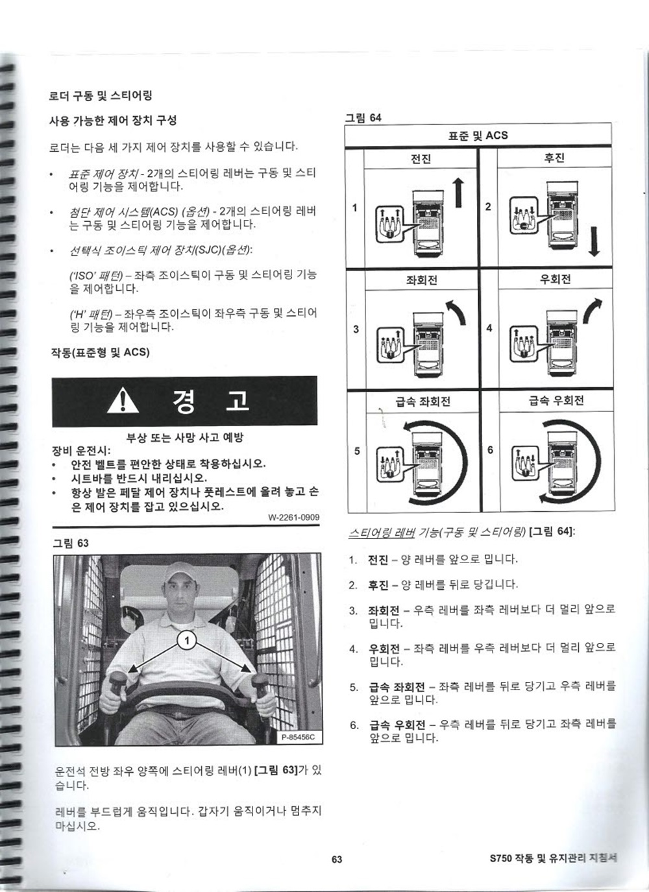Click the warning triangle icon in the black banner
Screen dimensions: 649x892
click(x=123, y=402)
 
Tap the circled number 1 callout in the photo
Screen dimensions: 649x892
click(x=186, y=640)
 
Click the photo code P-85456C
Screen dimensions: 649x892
click(x=298, y=737)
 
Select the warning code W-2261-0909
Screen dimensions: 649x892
click(x=294, y=517)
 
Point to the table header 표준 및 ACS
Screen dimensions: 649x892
click(x=478, y=136)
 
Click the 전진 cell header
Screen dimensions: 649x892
click(x=421, y=159)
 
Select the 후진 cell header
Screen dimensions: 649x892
click(x=554, y=158)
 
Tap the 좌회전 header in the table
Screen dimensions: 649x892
click(x=421, y=280)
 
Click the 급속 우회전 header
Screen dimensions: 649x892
click(x=556, y=400)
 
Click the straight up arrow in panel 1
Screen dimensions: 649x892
click(x=459, y=193)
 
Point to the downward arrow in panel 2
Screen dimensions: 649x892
click(x=594, y=241)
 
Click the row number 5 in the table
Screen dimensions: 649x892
click(x=357, y=451)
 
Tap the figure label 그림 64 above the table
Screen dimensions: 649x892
click(x=363, y=117)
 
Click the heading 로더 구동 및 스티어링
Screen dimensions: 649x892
click(x=101, y=95)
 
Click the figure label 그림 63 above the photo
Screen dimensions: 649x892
click(x=71, y=543)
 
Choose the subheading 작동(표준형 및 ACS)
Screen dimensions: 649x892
click(x=100, y=352)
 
